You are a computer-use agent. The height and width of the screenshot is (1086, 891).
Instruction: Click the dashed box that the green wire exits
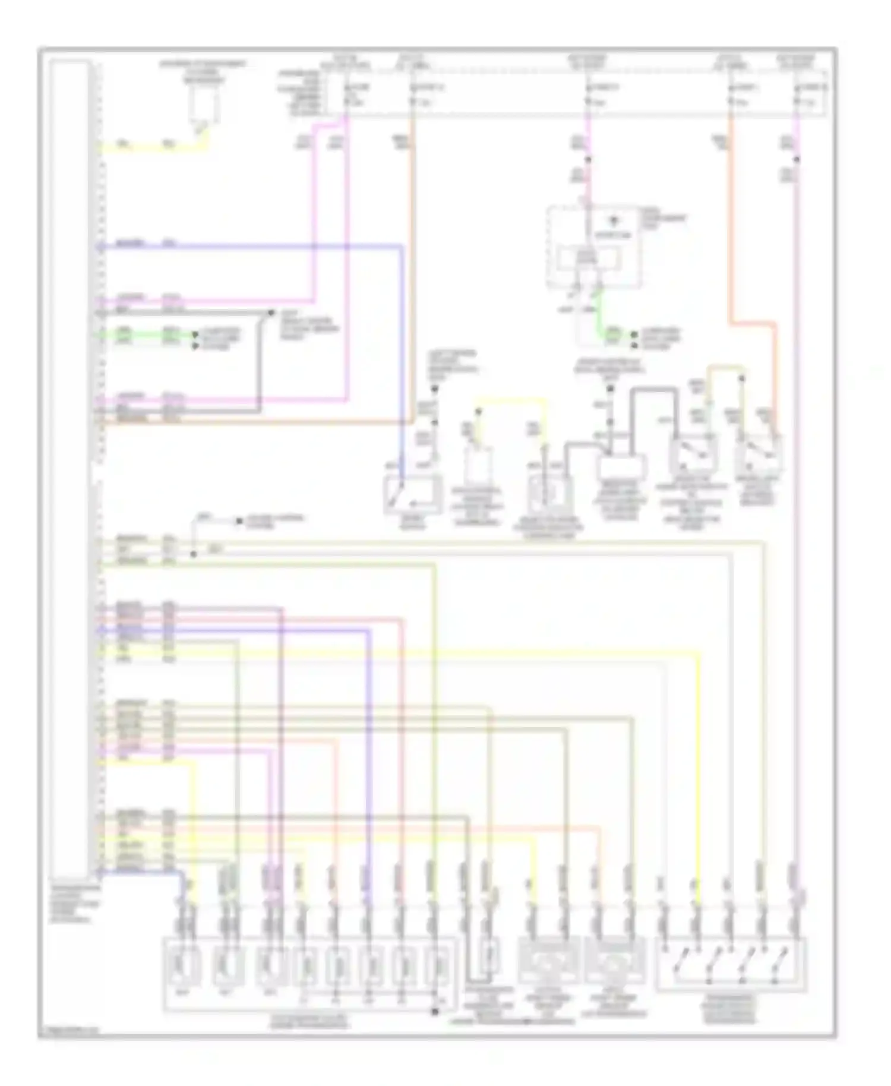[593, 250]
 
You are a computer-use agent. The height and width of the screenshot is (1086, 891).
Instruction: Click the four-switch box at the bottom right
[731, 965]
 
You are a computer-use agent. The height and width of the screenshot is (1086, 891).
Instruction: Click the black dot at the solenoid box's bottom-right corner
[435, 1011]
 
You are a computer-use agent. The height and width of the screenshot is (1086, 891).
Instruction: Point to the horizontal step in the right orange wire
[752, 324]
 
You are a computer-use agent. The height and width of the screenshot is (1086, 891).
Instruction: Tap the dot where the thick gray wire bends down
[271, 312]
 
